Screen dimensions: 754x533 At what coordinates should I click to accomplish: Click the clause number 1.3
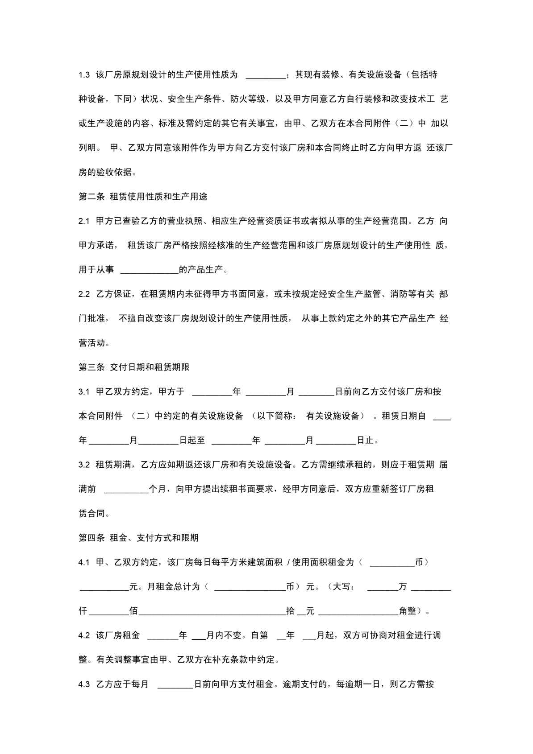pyautogui.click(x=84, y=75)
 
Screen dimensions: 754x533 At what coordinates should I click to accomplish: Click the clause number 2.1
pyautogui.click(x=84, y=221)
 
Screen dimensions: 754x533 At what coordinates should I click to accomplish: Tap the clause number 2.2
pyautogui.click(x=84, y=294)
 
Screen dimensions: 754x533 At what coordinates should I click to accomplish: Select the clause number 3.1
pyautogui.click(x=84, y=392)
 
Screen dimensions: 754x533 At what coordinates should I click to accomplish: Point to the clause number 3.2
pyautogui.click(x=84, y=465)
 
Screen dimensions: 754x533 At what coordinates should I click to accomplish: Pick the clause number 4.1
pyautogui.click(x=84, y=563)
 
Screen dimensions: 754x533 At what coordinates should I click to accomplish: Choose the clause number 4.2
pyautogui.click(x=84, y=635)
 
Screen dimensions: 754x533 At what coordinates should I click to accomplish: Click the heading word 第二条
pyautogui.click(x=92, y=197)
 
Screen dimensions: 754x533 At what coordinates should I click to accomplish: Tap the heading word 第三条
pyautogui.click(x=92, y=367)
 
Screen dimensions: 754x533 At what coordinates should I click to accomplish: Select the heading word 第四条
pyautogui.click(x=92, y=538)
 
